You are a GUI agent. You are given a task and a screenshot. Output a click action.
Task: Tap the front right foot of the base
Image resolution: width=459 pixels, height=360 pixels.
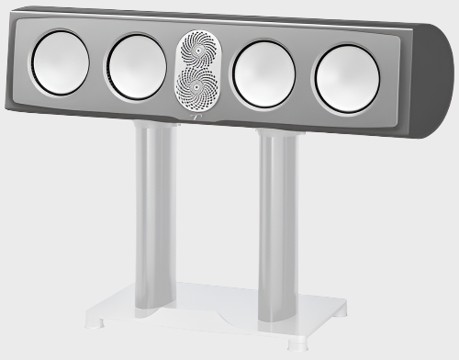tap(298, 347)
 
